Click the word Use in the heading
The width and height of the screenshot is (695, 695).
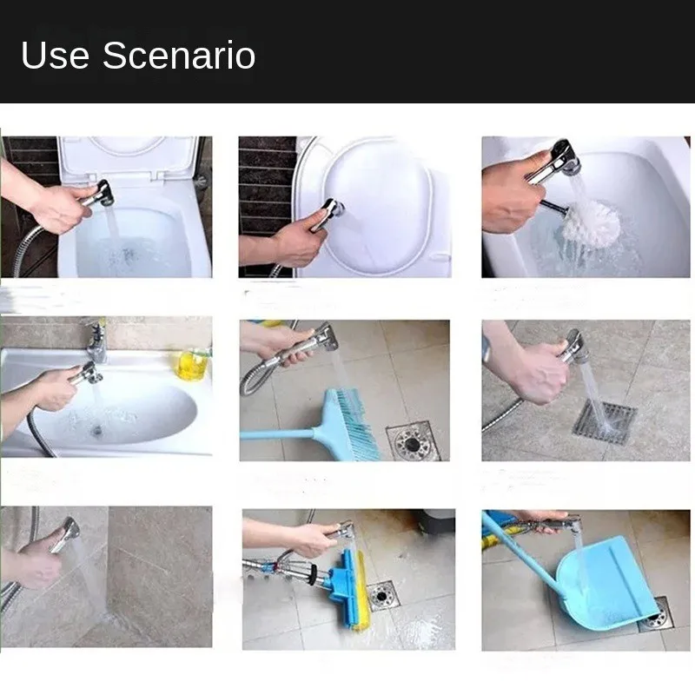[x=55, y=56]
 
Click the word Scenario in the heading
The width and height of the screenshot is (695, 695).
[x=179, y=56]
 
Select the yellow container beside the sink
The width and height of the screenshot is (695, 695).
[x=192, y=363]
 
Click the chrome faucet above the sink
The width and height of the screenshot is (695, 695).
[x=97, y=341]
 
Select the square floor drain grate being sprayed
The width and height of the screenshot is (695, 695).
[x=603, y=420]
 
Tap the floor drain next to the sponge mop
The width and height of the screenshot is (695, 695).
[x=382, y=595]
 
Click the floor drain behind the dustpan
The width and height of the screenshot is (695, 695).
[x=659, y=615]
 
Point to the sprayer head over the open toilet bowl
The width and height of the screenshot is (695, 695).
[x=103, y=193]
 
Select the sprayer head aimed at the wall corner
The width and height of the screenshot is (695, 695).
[x=68, y=531]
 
